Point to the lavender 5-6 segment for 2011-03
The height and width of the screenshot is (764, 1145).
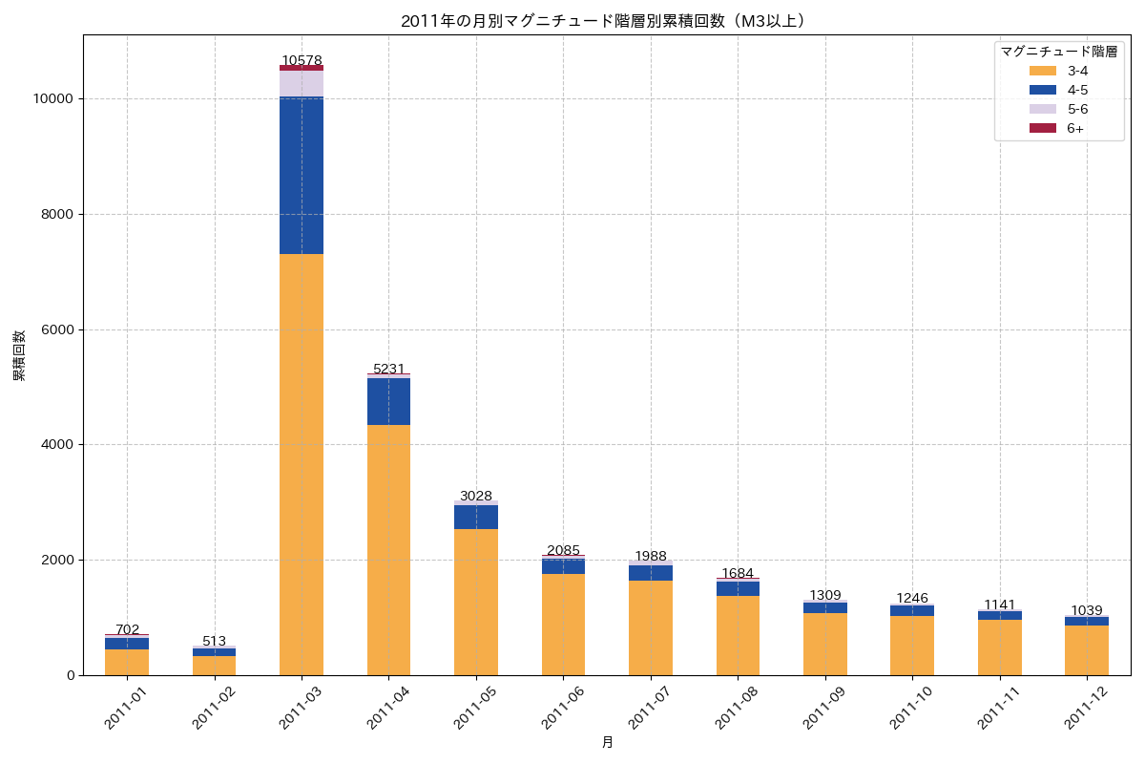(302, 83)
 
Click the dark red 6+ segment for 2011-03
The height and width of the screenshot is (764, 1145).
(302, 68)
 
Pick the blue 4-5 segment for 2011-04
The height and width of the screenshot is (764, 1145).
(388, 401)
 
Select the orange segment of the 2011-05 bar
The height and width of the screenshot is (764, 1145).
(476, 602)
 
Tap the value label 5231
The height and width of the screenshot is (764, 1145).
(388, 369)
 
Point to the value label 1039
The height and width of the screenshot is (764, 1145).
(1087, 610)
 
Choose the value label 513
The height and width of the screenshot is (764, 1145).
(215, 641)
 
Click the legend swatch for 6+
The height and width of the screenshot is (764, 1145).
(1043, 128)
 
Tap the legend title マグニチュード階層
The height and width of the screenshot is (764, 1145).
(1059, 52)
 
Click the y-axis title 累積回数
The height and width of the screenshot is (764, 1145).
(19, 355)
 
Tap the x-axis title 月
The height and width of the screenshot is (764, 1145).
(607, 742)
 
